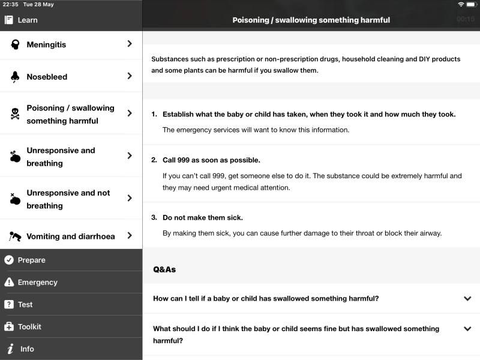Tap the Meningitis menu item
point(46,44)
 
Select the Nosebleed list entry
point(47,77)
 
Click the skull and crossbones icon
point(15,114)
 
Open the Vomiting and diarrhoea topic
point(70,236)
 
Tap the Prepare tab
point(31,260)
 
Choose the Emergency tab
point(37,282)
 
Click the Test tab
point(25,304)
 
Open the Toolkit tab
point(29,326)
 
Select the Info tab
point(27,349)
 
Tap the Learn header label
point(27,20)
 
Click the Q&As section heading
point(164,269)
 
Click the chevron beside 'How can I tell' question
point(467,299)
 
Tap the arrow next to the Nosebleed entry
point(130,76)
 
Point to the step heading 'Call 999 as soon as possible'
point(211,160)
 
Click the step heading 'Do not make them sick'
point(202,217)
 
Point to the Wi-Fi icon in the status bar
point(461,4)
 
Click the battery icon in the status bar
point(472,4)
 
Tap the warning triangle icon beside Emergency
point(9,282)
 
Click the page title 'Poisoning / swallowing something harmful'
point(311,20)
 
